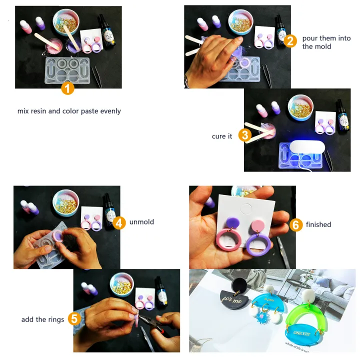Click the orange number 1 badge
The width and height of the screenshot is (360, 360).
[x=68, y=89]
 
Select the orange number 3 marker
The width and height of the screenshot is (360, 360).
[x=244, y=135]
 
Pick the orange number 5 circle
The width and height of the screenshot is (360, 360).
[x=73, y=318]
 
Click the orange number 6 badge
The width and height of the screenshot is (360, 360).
[x=295, y=224]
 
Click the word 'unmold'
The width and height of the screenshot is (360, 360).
[x=142, y=221]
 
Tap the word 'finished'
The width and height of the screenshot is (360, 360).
[x=318, y=224]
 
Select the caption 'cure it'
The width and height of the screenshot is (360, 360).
[x=222, y=136]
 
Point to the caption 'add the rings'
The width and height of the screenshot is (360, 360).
[x=42, y=319]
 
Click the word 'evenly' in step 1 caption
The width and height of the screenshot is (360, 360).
[x=109, y=111]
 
